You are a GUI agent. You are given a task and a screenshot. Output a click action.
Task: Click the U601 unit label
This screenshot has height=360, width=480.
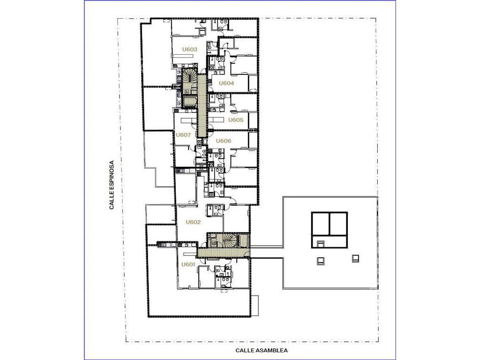coord(188,264)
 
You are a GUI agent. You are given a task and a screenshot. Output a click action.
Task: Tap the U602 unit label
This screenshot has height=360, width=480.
coord(193,222)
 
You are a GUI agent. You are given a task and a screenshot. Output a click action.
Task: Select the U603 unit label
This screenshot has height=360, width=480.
coord(190,49)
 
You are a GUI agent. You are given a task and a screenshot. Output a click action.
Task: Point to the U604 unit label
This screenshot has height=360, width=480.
coord(226,83)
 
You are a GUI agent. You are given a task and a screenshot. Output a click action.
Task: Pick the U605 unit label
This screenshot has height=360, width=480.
coord(236,120)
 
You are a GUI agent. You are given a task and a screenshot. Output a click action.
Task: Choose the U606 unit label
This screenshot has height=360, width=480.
coord(224,141)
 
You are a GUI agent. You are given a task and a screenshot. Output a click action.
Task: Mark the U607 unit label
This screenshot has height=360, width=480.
coord(183,135)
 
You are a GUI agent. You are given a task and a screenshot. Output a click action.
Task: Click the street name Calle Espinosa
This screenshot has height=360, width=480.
coord(112,185)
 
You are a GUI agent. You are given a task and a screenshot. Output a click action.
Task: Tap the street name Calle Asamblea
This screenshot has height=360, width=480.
coord(262,351)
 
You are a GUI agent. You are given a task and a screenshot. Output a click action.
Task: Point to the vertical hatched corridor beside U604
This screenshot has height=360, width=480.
coord(202,105)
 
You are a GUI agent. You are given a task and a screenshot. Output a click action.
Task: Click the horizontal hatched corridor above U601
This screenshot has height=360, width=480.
coord(224,252)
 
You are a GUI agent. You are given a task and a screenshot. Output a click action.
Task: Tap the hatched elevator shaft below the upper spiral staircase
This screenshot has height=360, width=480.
coord(189,101)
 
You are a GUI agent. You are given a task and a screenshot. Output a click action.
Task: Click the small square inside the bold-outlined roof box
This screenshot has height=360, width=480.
coord(320,244)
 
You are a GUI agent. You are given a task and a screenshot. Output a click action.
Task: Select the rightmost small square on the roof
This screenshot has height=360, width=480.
coord(355,259)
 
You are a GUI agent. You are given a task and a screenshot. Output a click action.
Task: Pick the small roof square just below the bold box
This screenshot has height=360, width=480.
coord(320,261)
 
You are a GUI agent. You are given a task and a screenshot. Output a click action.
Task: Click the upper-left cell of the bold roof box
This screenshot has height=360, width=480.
coord(320,224)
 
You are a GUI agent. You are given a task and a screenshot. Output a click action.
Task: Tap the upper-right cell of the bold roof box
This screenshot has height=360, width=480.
coord(338,224)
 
